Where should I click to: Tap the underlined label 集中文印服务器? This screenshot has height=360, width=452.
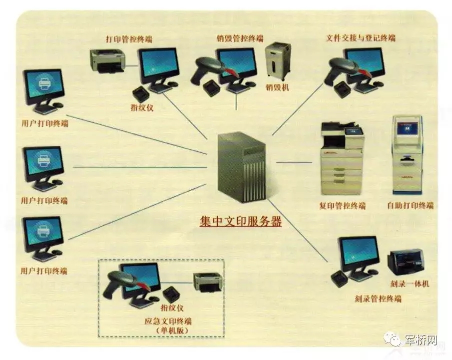click(x=241, y=222)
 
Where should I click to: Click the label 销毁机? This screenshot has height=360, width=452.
click(x=277, y=87)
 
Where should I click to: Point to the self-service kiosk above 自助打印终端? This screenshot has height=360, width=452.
click(x=407, y=155)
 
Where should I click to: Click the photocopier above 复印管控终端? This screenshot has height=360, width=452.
click(x=342, y=158)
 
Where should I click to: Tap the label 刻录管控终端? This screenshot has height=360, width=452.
click(x=378, y=299)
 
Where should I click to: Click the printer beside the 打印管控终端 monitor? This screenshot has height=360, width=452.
click(x=107, y=61)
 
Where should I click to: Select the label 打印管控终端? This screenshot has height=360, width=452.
click(x=129, y=39)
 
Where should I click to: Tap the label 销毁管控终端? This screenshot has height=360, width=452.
click(x=240, y=38)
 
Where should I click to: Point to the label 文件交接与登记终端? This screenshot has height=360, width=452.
click(x=361, y=38)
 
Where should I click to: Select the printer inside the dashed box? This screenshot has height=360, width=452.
click(x=208, y=282)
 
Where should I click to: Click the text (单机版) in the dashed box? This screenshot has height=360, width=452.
click(x=172, y=331)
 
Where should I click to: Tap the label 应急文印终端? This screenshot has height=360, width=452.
click(x=168, y=321)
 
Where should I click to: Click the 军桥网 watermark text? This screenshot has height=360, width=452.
click(x=421, y=340)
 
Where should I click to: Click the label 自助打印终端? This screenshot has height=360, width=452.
click(x=411, y=206)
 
